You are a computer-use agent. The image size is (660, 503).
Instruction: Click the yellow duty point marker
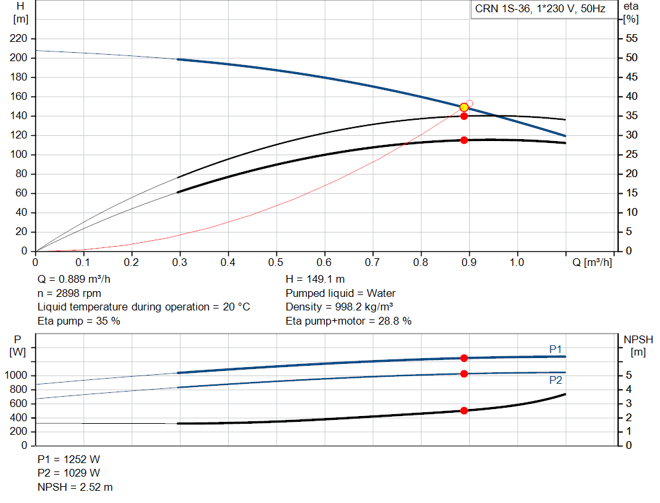click(x=463, y=108)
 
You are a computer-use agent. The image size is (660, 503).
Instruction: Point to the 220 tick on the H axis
click(x=19, y=39)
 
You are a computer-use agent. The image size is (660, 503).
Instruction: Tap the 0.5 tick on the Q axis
click(x=277, y=263)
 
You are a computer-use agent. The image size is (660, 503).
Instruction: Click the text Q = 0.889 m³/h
click(x=79, y=279)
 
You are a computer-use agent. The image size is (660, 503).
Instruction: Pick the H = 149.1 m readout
click(x=316, y=279)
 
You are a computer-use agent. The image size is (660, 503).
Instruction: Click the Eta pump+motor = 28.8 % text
click(x=348, y=321)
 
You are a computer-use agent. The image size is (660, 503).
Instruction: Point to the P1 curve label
click(x=556, y=349)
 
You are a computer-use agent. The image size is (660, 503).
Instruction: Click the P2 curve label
click(x=556, y=380)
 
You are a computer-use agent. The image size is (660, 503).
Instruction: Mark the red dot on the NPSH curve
click(x=463, y=410)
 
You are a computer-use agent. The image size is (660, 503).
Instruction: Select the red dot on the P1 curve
click(x=463, y=358)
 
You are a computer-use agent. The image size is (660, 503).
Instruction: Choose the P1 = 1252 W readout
click(x=69, y=459)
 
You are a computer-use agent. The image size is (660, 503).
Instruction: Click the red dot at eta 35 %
click(x=463, y=116)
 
